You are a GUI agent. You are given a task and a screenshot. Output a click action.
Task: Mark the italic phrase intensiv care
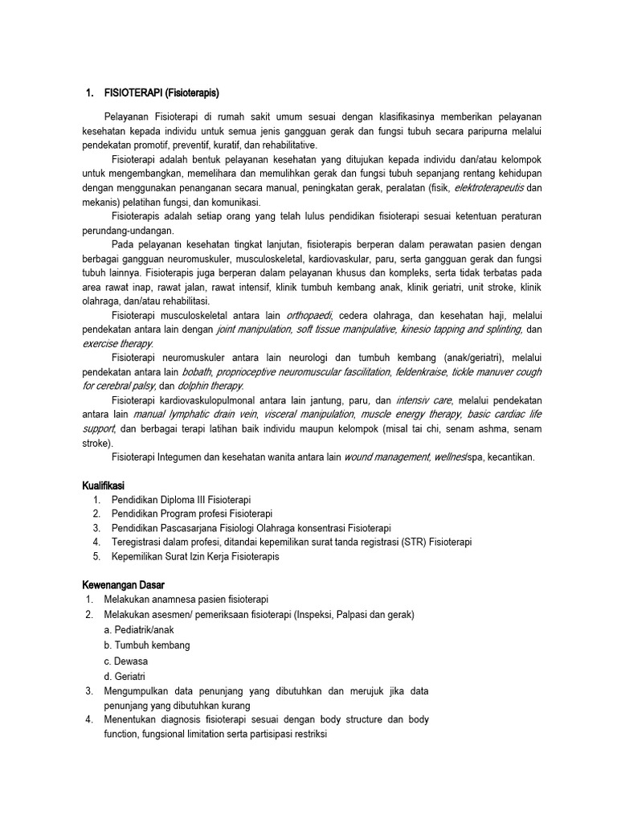click(x=425, y=400)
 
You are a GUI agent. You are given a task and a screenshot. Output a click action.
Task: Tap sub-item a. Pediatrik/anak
click(x=139, y=629)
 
